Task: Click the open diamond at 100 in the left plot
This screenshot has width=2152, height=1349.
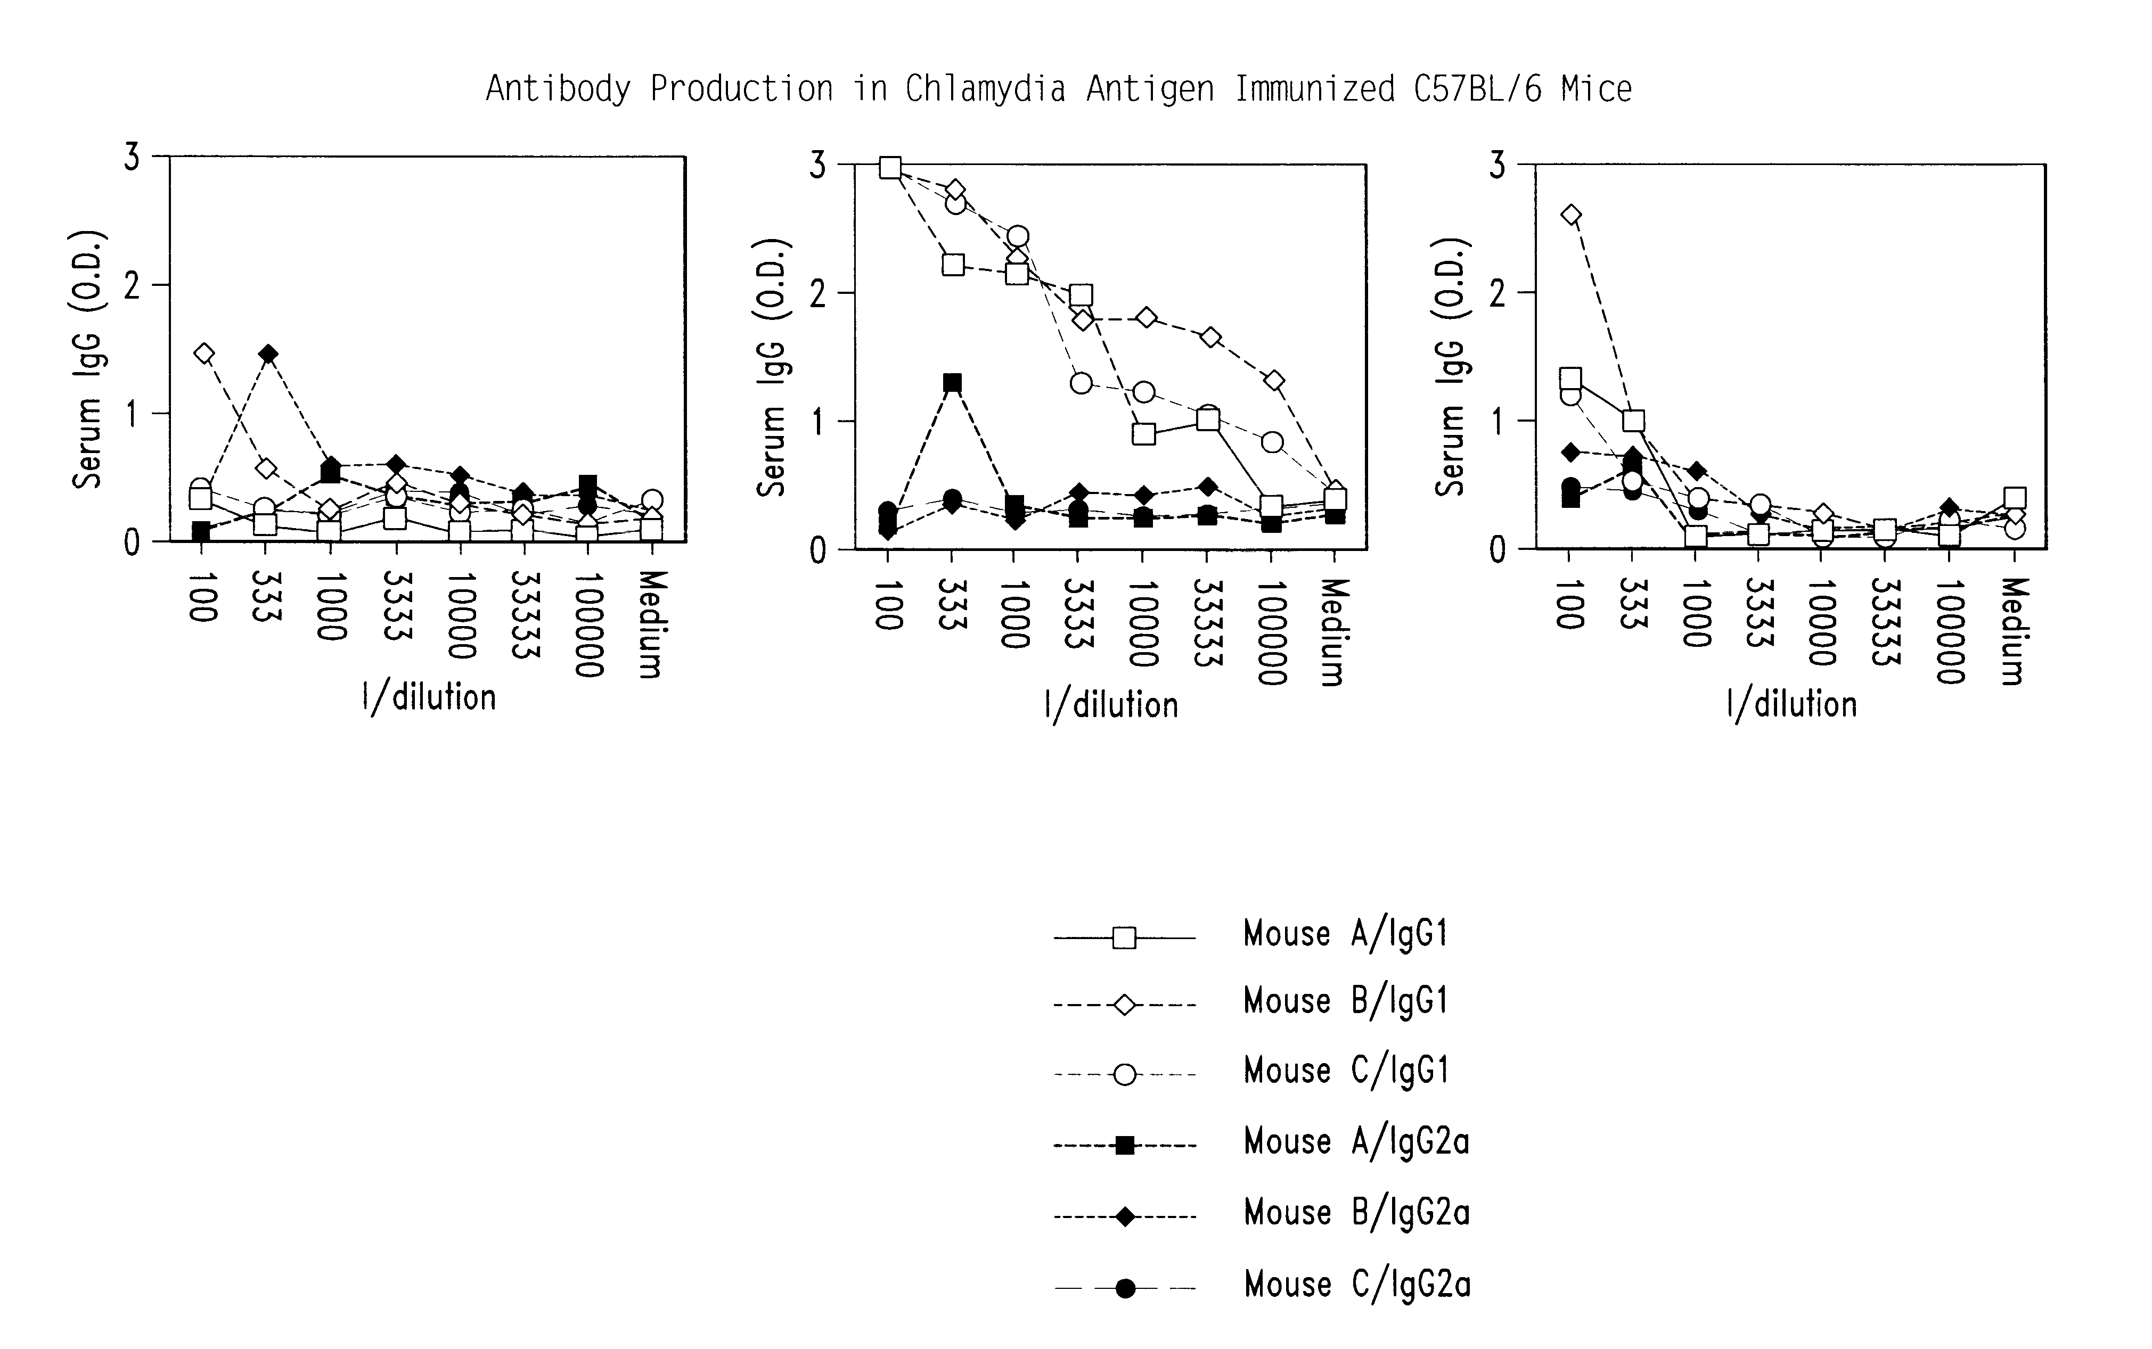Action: click(x=203, y=353)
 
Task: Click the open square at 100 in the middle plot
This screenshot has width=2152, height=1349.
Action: click(x=889, y=168)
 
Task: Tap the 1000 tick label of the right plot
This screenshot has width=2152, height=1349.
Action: click(x=1696, y=614)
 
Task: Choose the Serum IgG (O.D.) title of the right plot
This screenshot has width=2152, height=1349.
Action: click(x=1449, y=367)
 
